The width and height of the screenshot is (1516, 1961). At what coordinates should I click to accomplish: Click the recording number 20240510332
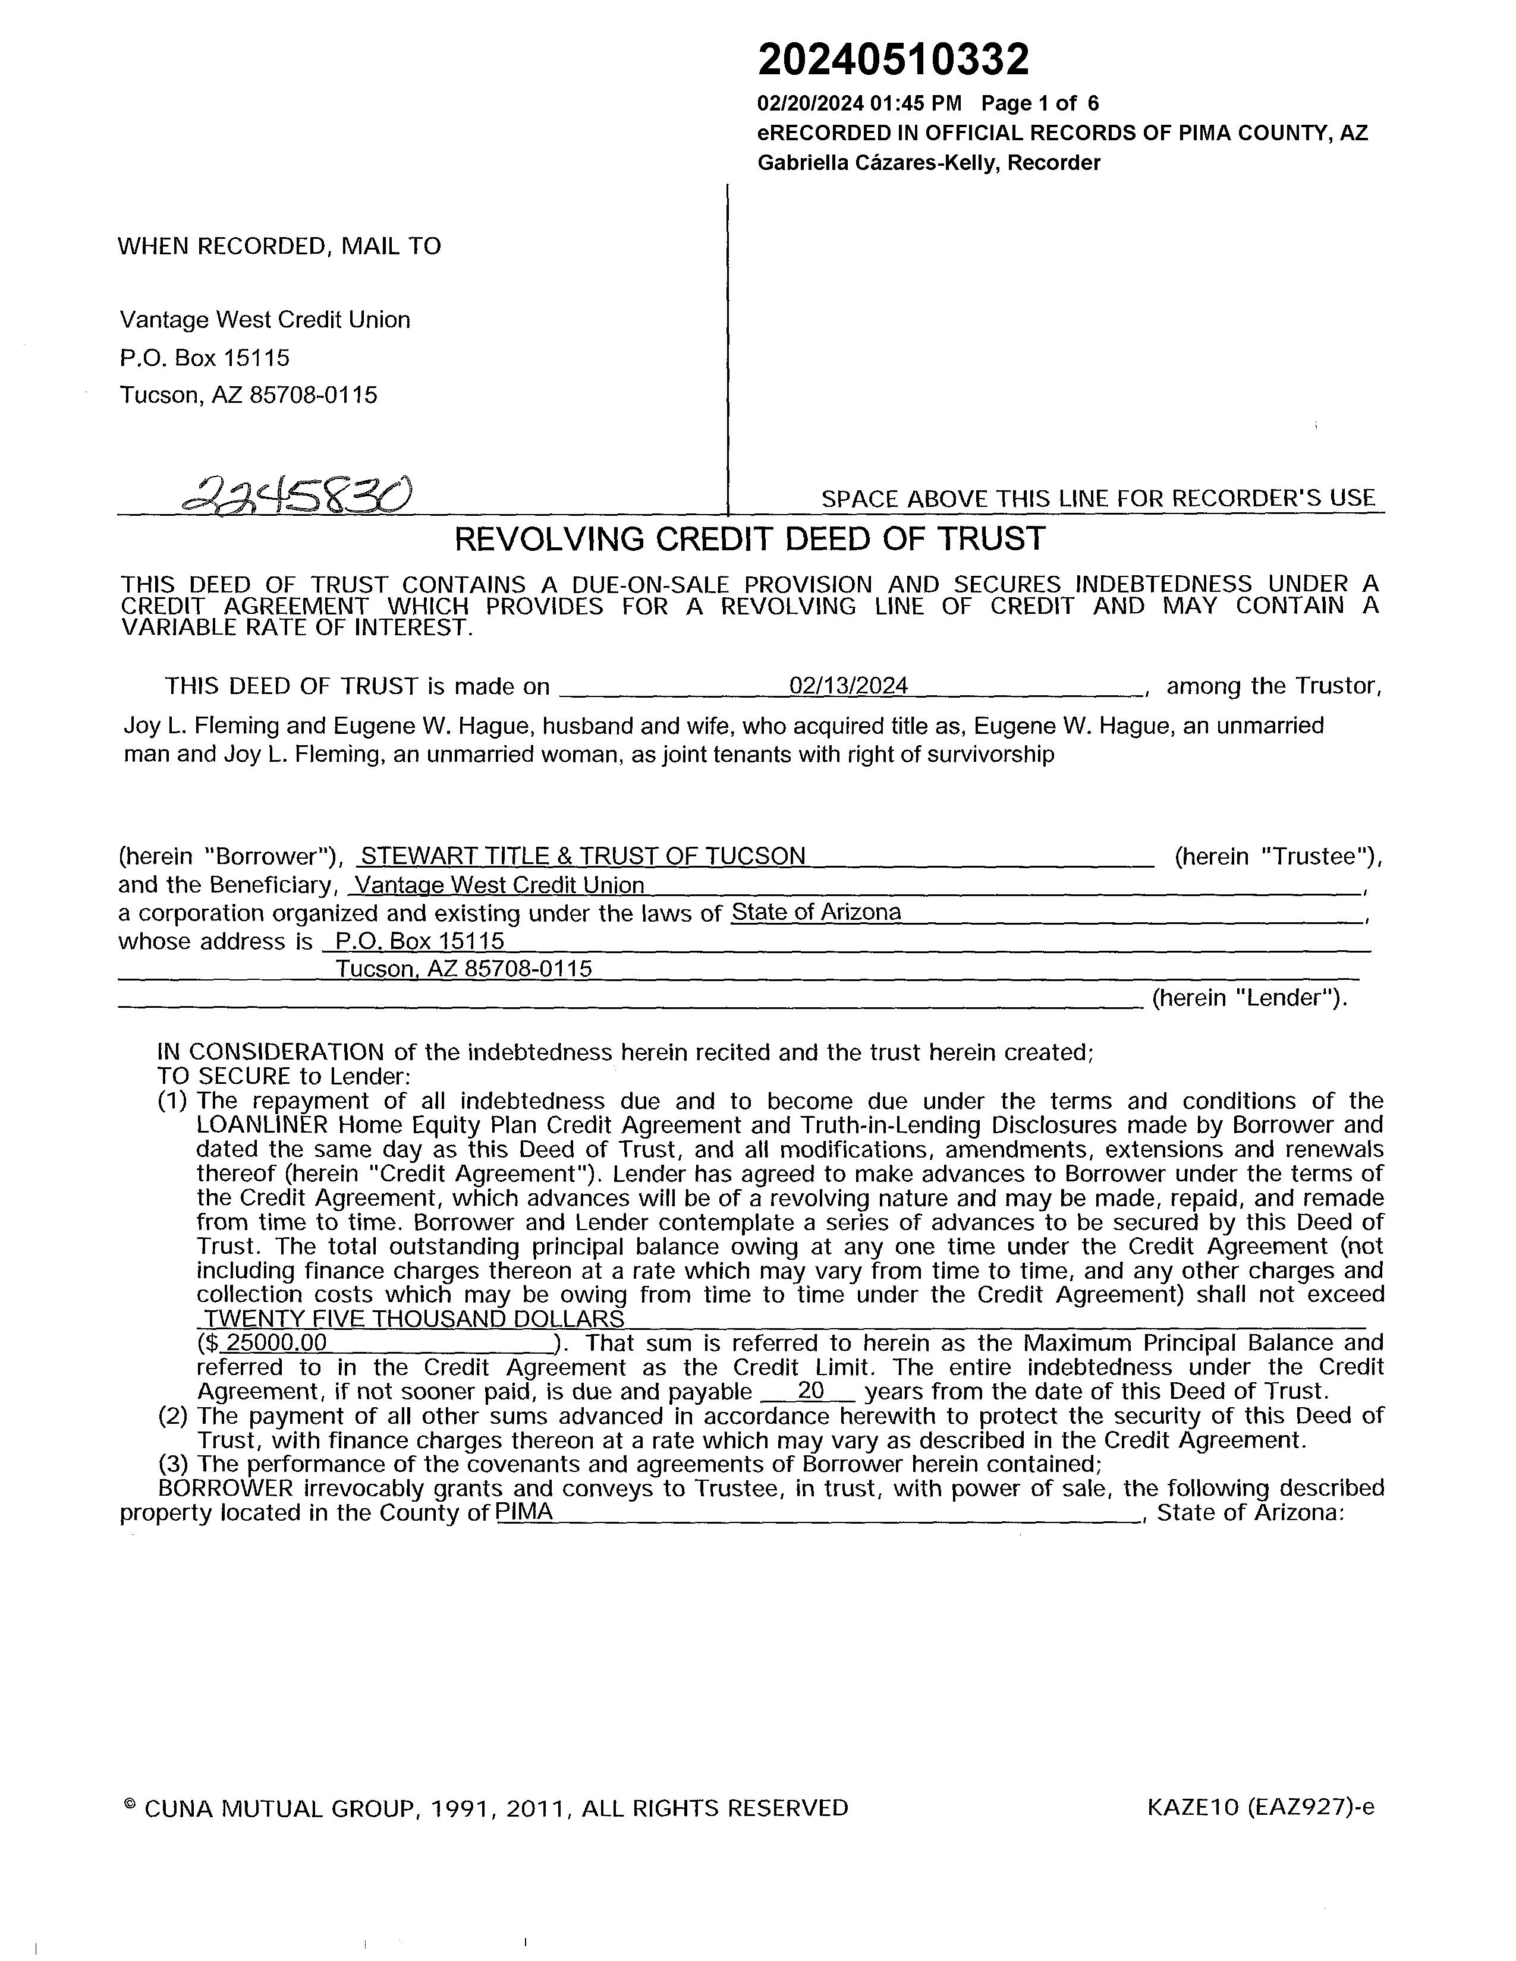[893, 61]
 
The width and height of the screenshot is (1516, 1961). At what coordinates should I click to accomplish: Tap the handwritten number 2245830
[297, 493]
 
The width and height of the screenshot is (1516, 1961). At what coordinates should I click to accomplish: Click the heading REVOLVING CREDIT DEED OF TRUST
[750, 539]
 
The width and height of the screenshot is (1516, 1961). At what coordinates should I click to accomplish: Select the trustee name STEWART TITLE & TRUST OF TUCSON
[583, 856]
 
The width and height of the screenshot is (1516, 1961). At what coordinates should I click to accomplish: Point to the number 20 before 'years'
[811, 1392]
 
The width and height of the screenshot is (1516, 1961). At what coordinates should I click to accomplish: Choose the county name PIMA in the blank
[524, 1513]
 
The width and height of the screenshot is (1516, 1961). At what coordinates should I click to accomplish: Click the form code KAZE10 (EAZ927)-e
[1260, 1808]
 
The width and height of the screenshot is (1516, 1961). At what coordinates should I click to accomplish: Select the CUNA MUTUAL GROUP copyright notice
[486, 1808]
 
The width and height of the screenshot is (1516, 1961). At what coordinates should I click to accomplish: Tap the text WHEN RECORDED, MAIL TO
[279, 247]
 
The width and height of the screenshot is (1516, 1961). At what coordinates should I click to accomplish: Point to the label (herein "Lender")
[1249, 998]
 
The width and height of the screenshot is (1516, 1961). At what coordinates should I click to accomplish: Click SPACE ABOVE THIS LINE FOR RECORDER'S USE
[1097, 499]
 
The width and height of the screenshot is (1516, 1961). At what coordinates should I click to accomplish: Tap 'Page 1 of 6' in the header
[1039, 104]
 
